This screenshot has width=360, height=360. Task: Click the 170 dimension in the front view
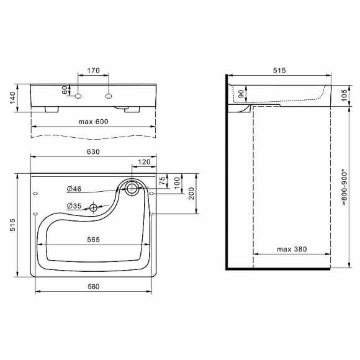click(x=93, y=71)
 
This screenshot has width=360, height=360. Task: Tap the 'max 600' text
click(x=93, y=122)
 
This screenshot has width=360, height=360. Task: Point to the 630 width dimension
click(x=93, y=151)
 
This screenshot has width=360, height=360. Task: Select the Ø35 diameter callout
click(x=74, y=207)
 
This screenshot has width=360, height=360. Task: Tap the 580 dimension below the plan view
click(x=93, y=286)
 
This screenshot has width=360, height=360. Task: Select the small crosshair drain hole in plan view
click(x=94, y=207)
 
